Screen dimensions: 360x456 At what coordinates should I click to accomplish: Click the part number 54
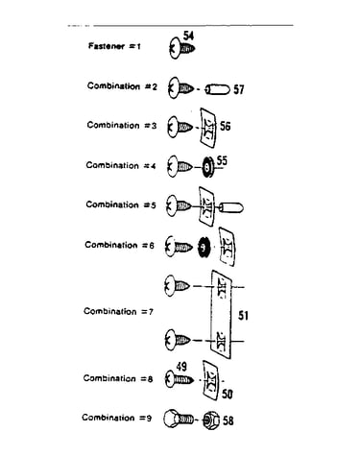(x=188, y=36)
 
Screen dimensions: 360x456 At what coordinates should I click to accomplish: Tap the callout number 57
(x=239, y=89)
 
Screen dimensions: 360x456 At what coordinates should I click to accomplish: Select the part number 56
(x=225, y=126)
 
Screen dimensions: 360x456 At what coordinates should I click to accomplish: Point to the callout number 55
(x=222, y=160)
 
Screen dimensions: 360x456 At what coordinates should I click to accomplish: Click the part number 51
(x=243, y=316)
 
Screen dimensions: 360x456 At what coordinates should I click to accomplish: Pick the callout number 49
(x=181, y=367)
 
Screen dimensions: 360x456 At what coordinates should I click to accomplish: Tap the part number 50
(x=228, y=394)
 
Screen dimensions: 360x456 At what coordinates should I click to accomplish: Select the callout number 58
(x=228, y=420)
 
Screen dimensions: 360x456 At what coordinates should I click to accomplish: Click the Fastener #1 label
(x=114, y=46)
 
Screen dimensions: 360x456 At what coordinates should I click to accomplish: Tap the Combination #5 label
(x=121, y=204)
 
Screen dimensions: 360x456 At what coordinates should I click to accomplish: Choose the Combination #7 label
(x=119, y=311)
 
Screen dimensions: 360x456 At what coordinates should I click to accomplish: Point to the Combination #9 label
(x=117, y=418)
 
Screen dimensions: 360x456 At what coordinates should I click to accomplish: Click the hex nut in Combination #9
(x=211, y=420)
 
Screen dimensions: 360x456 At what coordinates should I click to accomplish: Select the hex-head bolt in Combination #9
(x=179, y=419)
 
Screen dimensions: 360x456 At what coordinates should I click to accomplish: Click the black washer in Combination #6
(x=204, y=247)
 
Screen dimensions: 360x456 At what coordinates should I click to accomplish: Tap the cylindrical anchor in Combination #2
(x=217, y=89)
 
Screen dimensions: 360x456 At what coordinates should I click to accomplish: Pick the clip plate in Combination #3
(x=207, y=128)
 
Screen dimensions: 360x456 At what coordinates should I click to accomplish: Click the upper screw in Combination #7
(x=177, y=285)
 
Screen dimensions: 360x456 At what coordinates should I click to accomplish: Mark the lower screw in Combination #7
(x=177, y=339)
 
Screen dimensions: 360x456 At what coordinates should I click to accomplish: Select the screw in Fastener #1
(x=181, y=49)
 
